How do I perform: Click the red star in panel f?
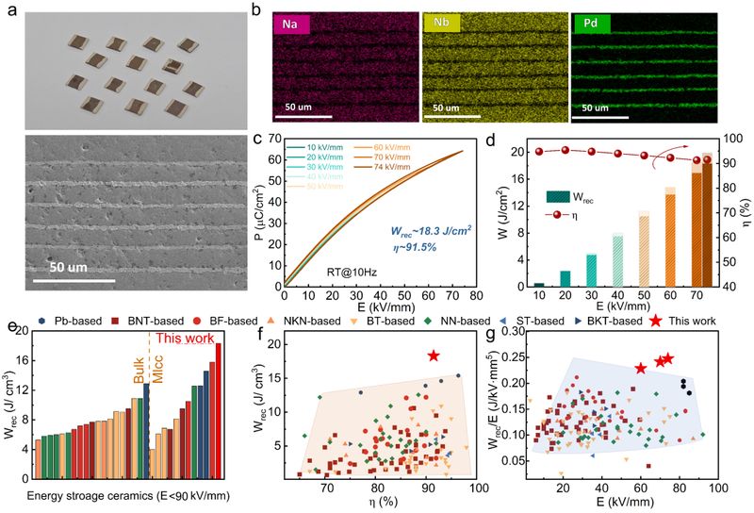click(x=434, y=356)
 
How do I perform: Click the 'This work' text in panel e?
click(x=182, y=338)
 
